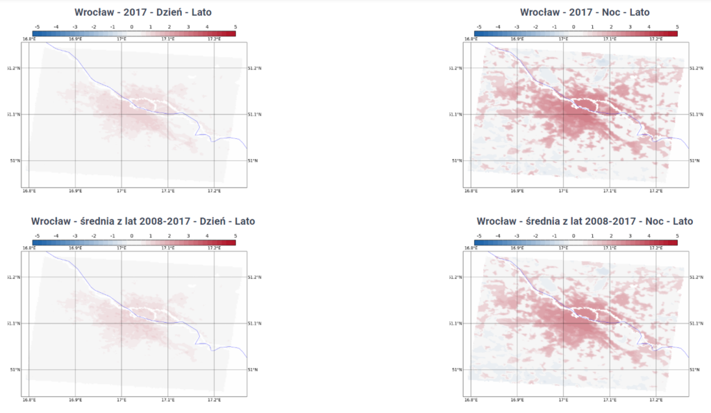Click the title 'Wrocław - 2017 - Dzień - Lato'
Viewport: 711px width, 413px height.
142,12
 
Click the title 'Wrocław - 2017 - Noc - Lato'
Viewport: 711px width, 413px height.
585,12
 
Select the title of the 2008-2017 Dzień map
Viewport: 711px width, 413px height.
142,221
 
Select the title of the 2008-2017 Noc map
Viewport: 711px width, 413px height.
585,221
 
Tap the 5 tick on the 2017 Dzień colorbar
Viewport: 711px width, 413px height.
236,26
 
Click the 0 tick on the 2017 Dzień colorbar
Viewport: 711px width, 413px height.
131,26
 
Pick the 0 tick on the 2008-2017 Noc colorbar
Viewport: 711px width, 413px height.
574,236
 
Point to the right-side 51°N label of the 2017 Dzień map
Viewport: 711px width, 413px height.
253,160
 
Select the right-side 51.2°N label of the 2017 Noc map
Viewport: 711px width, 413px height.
696,68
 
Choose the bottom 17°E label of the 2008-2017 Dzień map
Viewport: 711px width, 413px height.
122,401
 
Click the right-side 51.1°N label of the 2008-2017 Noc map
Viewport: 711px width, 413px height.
696,323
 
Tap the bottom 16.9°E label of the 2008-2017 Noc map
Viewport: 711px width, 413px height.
517,401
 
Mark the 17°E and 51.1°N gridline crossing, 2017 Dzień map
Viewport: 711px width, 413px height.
122,114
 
